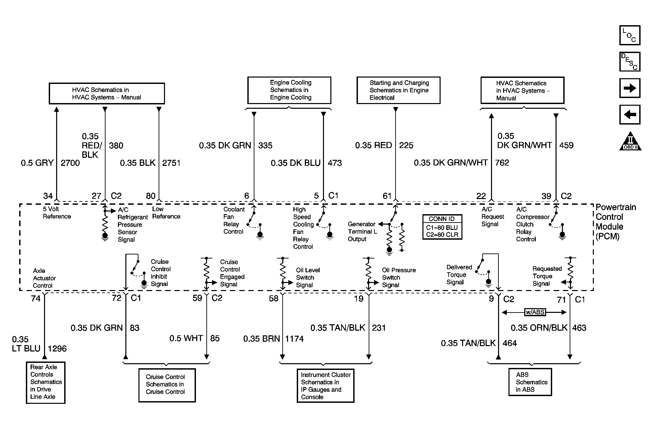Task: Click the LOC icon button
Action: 629,35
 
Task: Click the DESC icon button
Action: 629,62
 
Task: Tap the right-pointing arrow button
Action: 629,88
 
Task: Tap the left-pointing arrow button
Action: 629,114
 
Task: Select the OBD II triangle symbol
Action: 630,141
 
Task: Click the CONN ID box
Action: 442,227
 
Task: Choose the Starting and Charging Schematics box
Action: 398,90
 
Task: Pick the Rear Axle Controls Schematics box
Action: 46,382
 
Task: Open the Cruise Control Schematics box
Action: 167,385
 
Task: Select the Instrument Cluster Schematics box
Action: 325,386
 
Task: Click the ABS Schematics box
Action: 530,382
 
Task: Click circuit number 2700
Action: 70,163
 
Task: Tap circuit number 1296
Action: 57,349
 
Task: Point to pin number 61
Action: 387,196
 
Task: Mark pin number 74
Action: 36,298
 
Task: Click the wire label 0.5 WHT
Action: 186,338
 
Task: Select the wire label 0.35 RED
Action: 373,145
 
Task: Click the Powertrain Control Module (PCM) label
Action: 615,222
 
